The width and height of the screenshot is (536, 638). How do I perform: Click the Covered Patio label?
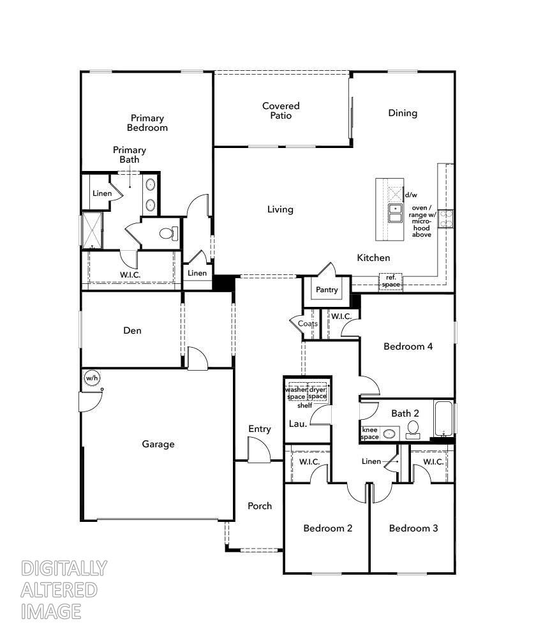coord(281,110)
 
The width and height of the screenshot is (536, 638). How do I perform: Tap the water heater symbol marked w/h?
coord(91,378)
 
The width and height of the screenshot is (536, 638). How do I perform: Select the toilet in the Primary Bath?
coord(168,234)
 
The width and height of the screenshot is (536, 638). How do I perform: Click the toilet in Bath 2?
coord(413,429)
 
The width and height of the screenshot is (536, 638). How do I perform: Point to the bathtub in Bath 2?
coord(444,418)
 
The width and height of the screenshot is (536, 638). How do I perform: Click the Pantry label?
coord(327,290)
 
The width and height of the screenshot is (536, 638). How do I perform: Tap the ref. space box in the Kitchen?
coord(391,281)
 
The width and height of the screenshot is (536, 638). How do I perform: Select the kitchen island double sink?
coord(395,213)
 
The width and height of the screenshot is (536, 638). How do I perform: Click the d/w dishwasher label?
coord(411,195)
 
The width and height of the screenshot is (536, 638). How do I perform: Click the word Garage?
coord(158,444)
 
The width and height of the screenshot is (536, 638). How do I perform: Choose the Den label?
coord(132,330)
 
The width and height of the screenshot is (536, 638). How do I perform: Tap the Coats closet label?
coord(308,323)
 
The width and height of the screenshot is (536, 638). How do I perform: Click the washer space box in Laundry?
coord(296,393)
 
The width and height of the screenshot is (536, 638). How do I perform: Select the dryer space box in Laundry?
coord(317,393)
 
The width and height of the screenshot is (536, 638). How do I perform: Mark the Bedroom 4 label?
coord(408,346)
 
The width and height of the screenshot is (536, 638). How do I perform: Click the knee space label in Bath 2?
coord(370,433)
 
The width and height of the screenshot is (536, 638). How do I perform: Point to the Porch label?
coord(260,506)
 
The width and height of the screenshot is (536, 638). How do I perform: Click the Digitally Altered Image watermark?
coord(63,590)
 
